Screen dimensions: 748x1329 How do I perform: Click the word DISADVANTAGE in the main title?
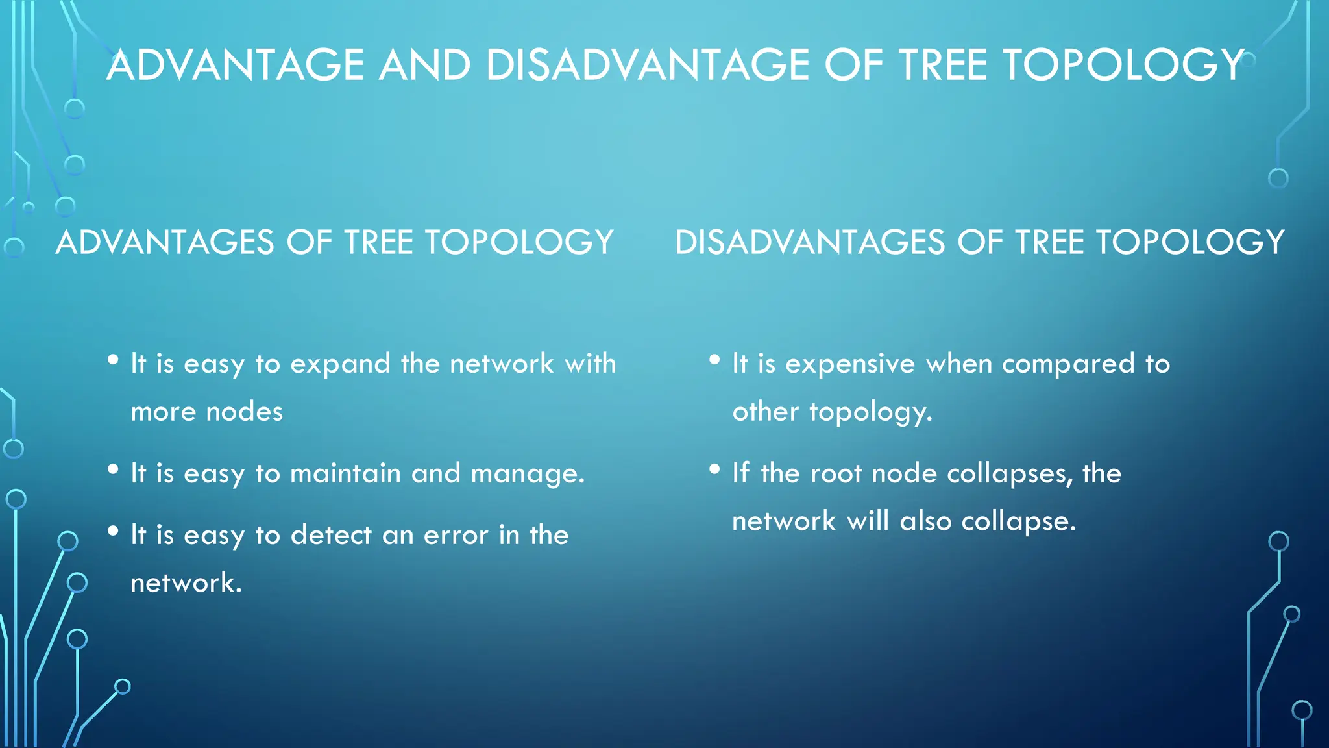click(647, 66)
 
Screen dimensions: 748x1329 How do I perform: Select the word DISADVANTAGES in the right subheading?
click(810, 243)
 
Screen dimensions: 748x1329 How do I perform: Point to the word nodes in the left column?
click(244, 412)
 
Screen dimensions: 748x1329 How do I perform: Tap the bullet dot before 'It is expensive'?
click(715, 360)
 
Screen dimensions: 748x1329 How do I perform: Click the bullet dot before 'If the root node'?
click(715, 469)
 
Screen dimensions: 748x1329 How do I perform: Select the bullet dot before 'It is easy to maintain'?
click(114, 469)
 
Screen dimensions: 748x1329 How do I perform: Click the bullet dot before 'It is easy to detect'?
click(114, 531)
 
